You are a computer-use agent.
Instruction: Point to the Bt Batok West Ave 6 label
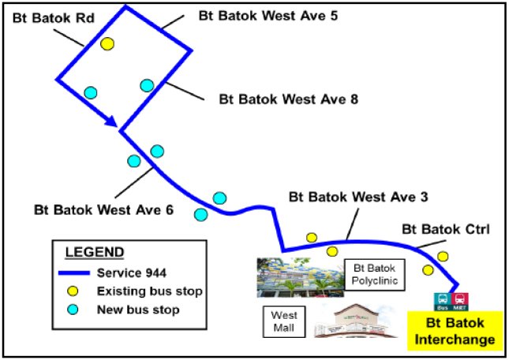click(x=103, y=211)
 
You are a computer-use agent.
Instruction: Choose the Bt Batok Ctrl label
click(x=446, y=230)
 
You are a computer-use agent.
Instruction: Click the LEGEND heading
click(x=94, y=253)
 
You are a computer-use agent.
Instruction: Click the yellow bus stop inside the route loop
click(x=107, y=43)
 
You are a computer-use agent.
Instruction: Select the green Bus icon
click(x=442, y=302)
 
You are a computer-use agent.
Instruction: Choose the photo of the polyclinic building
click(x=295, y=277)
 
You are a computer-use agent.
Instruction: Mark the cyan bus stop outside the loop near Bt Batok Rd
click(x=91, y=92)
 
